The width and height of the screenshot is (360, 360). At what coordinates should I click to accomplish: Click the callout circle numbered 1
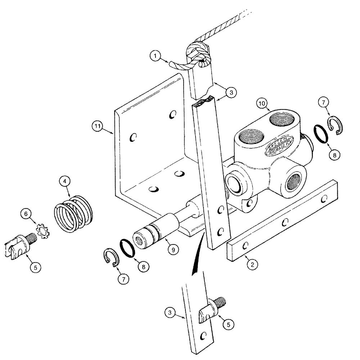(156, 56)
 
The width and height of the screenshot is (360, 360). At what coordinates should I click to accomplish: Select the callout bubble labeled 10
(262, 104)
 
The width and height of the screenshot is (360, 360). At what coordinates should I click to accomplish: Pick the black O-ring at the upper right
(321, 134)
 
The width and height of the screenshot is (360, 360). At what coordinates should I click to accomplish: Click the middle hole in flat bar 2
(285, 222)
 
